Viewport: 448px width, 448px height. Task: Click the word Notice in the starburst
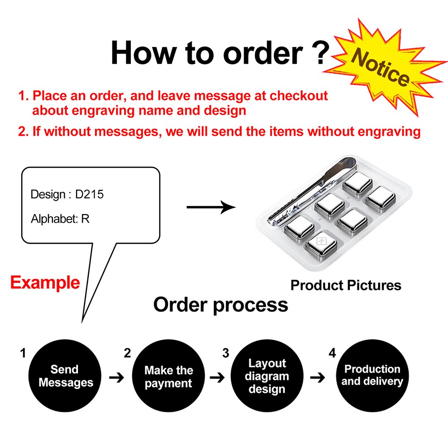[380, 69]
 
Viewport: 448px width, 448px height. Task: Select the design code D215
[90, 194]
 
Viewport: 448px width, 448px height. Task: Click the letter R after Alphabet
[85, 219]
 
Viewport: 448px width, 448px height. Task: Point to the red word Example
[45, 283]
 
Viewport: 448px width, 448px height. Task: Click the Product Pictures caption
[346, 285]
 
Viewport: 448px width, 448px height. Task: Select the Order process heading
[220, 305]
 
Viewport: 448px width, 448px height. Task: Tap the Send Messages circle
[65, 376]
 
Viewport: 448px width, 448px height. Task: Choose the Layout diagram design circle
[267, 376]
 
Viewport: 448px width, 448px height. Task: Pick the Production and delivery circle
[372, 375]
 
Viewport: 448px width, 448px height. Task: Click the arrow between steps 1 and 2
[116, 378]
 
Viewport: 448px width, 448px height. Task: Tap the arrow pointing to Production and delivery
[318, 377]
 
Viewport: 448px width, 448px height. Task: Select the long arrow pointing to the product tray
[211, 207]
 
